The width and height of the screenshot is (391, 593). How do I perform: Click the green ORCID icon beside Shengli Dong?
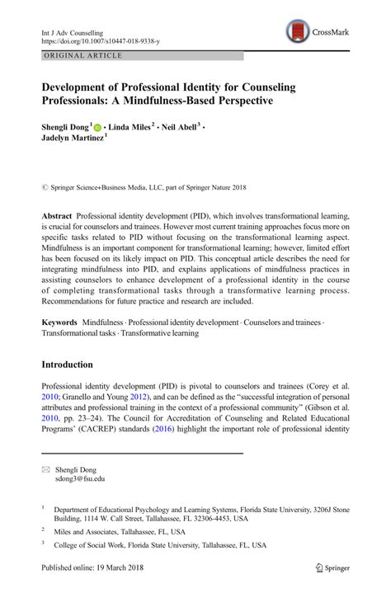click(x=97, y=129)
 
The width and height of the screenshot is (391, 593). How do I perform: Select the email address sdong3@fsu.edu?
click(x=80, y=478)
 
